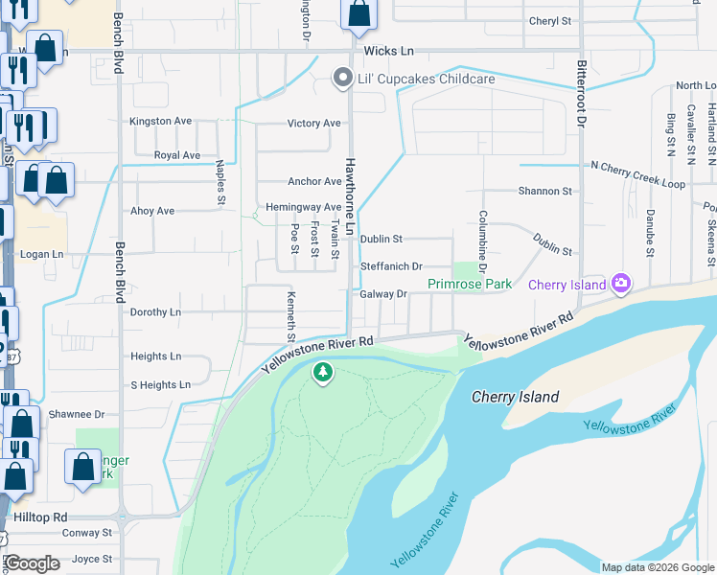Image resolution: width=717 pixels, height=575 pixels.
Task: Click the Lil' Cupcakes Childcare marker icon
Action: (x=341, y=80)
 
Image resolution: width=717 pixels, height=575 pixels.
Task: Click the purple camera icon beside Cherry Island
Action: (x=621, y=284)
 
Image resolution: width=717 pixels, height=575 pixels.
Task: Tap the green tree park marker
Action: (x=323, y=372)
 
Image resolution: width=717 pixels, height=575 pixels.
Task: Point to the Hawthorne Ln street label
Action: (x=350, y=197)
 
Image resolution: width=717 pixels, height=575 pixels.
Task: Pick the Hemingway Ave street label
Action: (x=303, y=207)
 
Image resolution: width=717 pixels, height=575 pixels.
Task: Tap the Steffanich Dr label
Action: (x=391, y=266)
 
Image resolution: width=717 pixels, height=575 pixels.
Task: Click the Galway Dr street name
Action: (x=384, y=294)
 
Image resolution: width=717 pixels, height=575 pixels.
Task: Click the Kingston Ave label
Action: (x=161, y=122)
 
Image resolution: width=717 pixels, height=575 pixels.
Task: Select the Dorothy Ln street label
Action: (x=155, y=312)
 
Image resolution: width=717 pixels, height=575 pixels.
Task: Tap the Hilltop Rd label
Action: (x=37, y=516)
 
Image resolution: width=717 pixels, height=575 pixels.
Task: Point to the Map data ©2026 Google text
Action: (x=657, y=567)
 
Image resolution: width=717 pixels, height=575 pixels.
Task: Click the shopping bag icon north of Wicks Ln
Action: (x=359, y=13)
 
